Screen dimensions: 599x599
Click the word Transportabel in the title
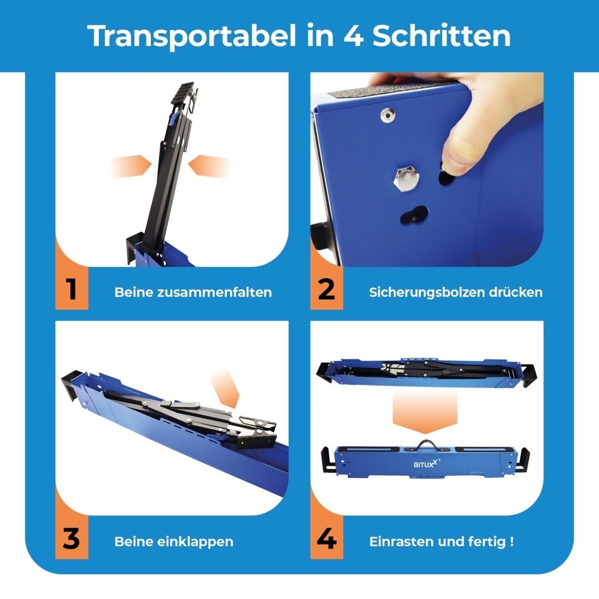[x=192, y=35]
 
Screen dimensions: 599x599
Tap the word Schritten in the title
[x=441, y=35]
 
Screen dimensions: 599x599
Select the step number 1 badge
[x=72, y=288]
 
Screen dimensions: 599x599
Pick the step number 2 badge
[x=327, y=288]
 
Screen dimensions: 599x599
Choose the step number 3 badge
[x=72, y=538]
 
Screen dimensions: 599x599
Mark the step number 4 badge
[x=327, y=538]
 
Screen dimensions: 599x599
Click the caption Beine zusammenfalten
[x=193, y=292]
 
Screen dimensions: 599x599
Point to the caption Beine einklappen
[x=174, y=542]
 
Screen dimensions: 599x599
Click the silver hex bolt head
[x=407, y=179]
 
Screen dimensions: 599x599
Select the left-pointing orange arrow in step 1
[x=209, y=166]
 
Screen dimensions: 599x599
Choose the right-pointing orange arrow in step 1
[x=131, y=166]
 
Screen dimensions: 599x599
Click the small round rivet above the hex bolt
[x=388, y=115]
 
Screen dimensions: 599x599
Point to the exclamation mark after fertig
[x=511, y=541]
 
